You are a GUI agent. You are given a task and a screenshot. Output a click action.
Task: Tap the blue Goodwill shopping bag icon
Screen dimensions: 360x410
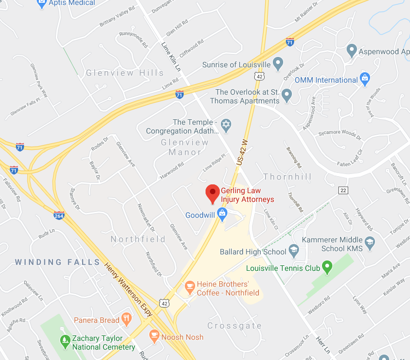point(221,215)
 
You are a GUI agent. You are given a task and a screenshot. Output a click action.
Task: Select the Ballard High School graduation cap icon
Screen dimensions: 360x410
point(294,252)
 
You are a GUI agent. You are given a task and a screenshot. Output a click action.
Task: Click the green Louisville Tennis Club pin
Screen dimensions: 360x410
point(327,268)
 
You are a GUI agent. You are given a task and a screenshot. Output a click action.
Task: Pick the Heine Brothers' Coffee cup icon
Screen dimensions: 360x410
point(190,285)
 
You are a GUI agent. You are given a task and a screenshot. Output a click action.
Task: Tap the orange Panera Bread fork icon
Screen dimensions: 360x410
point(126,320)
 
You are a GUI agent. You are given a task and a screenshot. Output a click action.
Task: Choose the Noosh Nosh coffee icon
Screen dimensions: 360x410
point(154,335)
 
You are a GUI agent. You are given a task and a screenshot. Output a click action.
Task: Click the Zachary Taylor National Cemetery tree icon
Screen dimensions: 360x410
point(65,341)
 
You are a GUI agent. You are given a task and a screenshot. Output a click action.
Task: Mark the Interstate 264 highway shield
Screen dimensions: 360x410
point(59,215)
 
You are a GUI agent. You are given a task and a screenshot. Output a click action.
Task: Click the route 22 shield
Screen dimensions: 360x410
point(343,190)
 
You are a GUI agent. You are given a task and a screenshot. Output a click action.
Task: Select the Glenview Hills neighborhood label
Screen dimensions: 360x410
point(125,73)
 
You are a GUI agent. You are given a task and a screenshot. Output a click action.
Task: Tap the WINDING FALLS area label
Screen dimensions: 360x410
point(57,262)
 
